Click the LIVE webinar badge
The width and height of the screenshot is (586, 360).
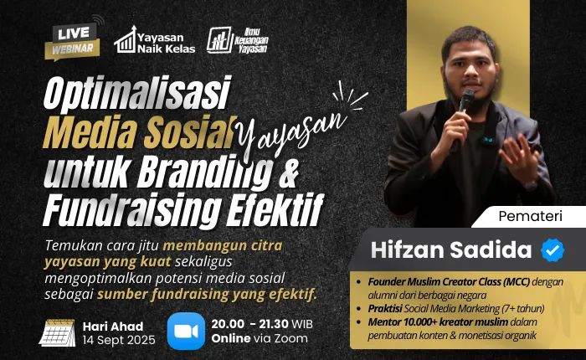73,39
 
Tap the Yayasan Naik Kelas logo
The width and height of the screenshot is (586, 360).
155,39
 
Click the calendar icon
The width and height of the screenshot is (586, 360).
57,331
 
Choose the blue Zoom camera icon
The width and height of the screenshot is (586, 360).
186,331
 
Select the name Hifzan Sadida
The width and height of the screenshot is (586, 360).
452,249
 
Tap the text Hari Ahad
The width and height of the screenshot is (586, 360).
113,325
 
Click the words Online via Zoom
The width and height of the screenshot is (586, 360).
260,338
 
